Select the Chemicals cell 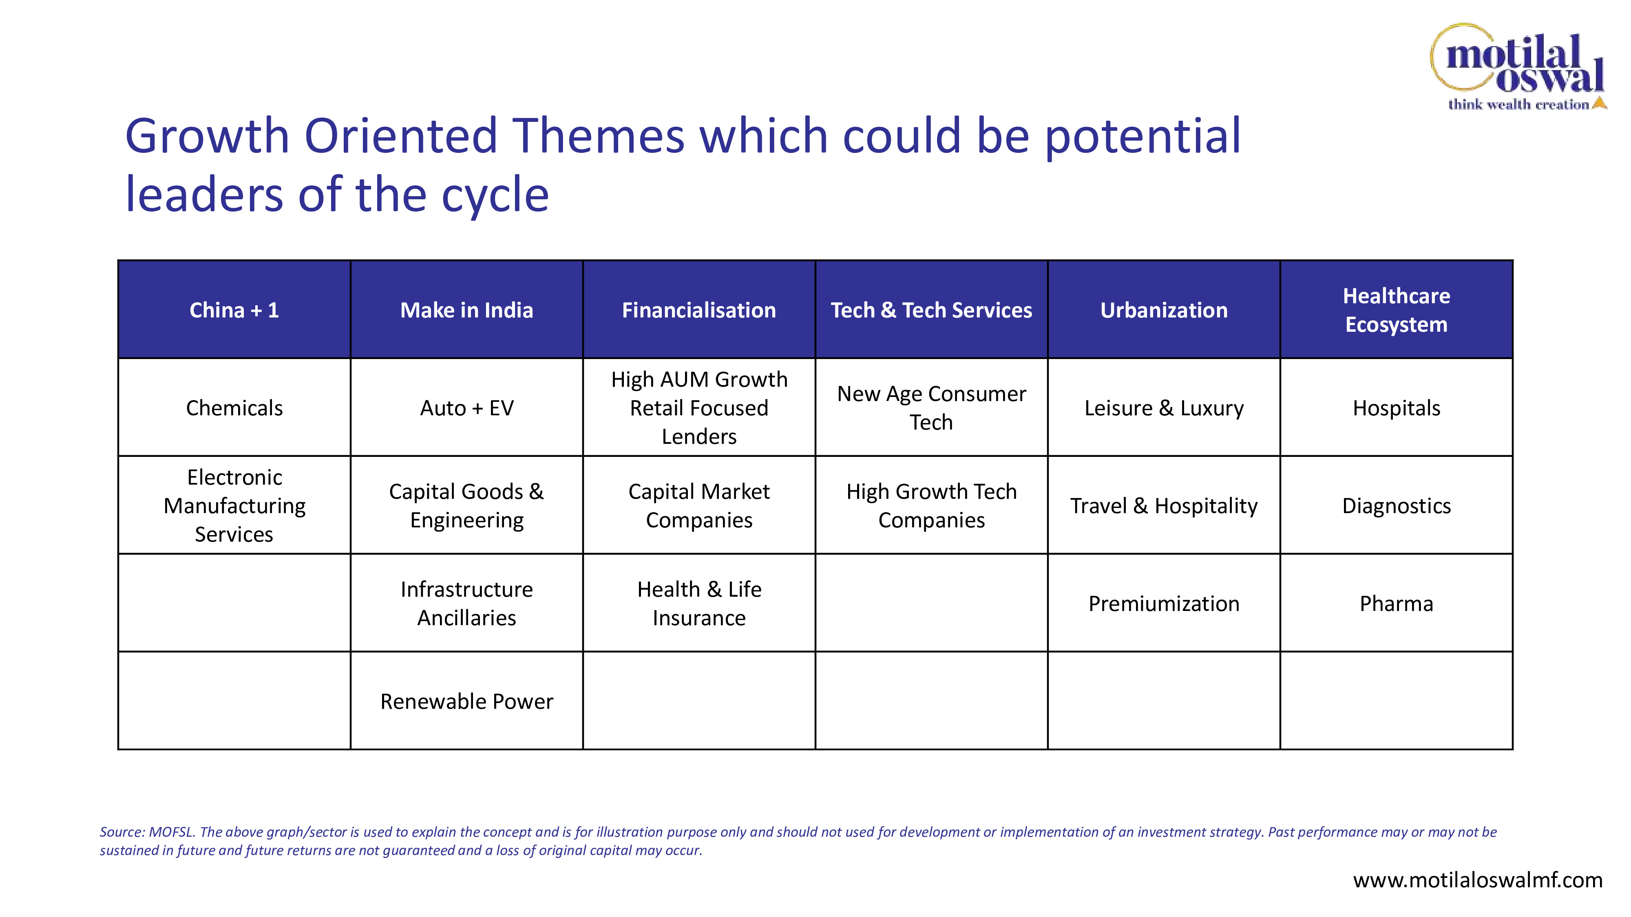click(234, 408)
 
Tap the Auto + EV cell click(466, 408)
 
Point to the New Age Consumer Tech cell click(931, 408)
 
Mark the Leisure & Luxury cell click(1164, 408)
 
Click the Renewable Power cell click(466, 701)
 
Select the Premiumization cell click(1164, 603)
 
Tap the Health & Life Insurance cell click(699, 603)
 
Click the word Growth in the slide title click(208, 136)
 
